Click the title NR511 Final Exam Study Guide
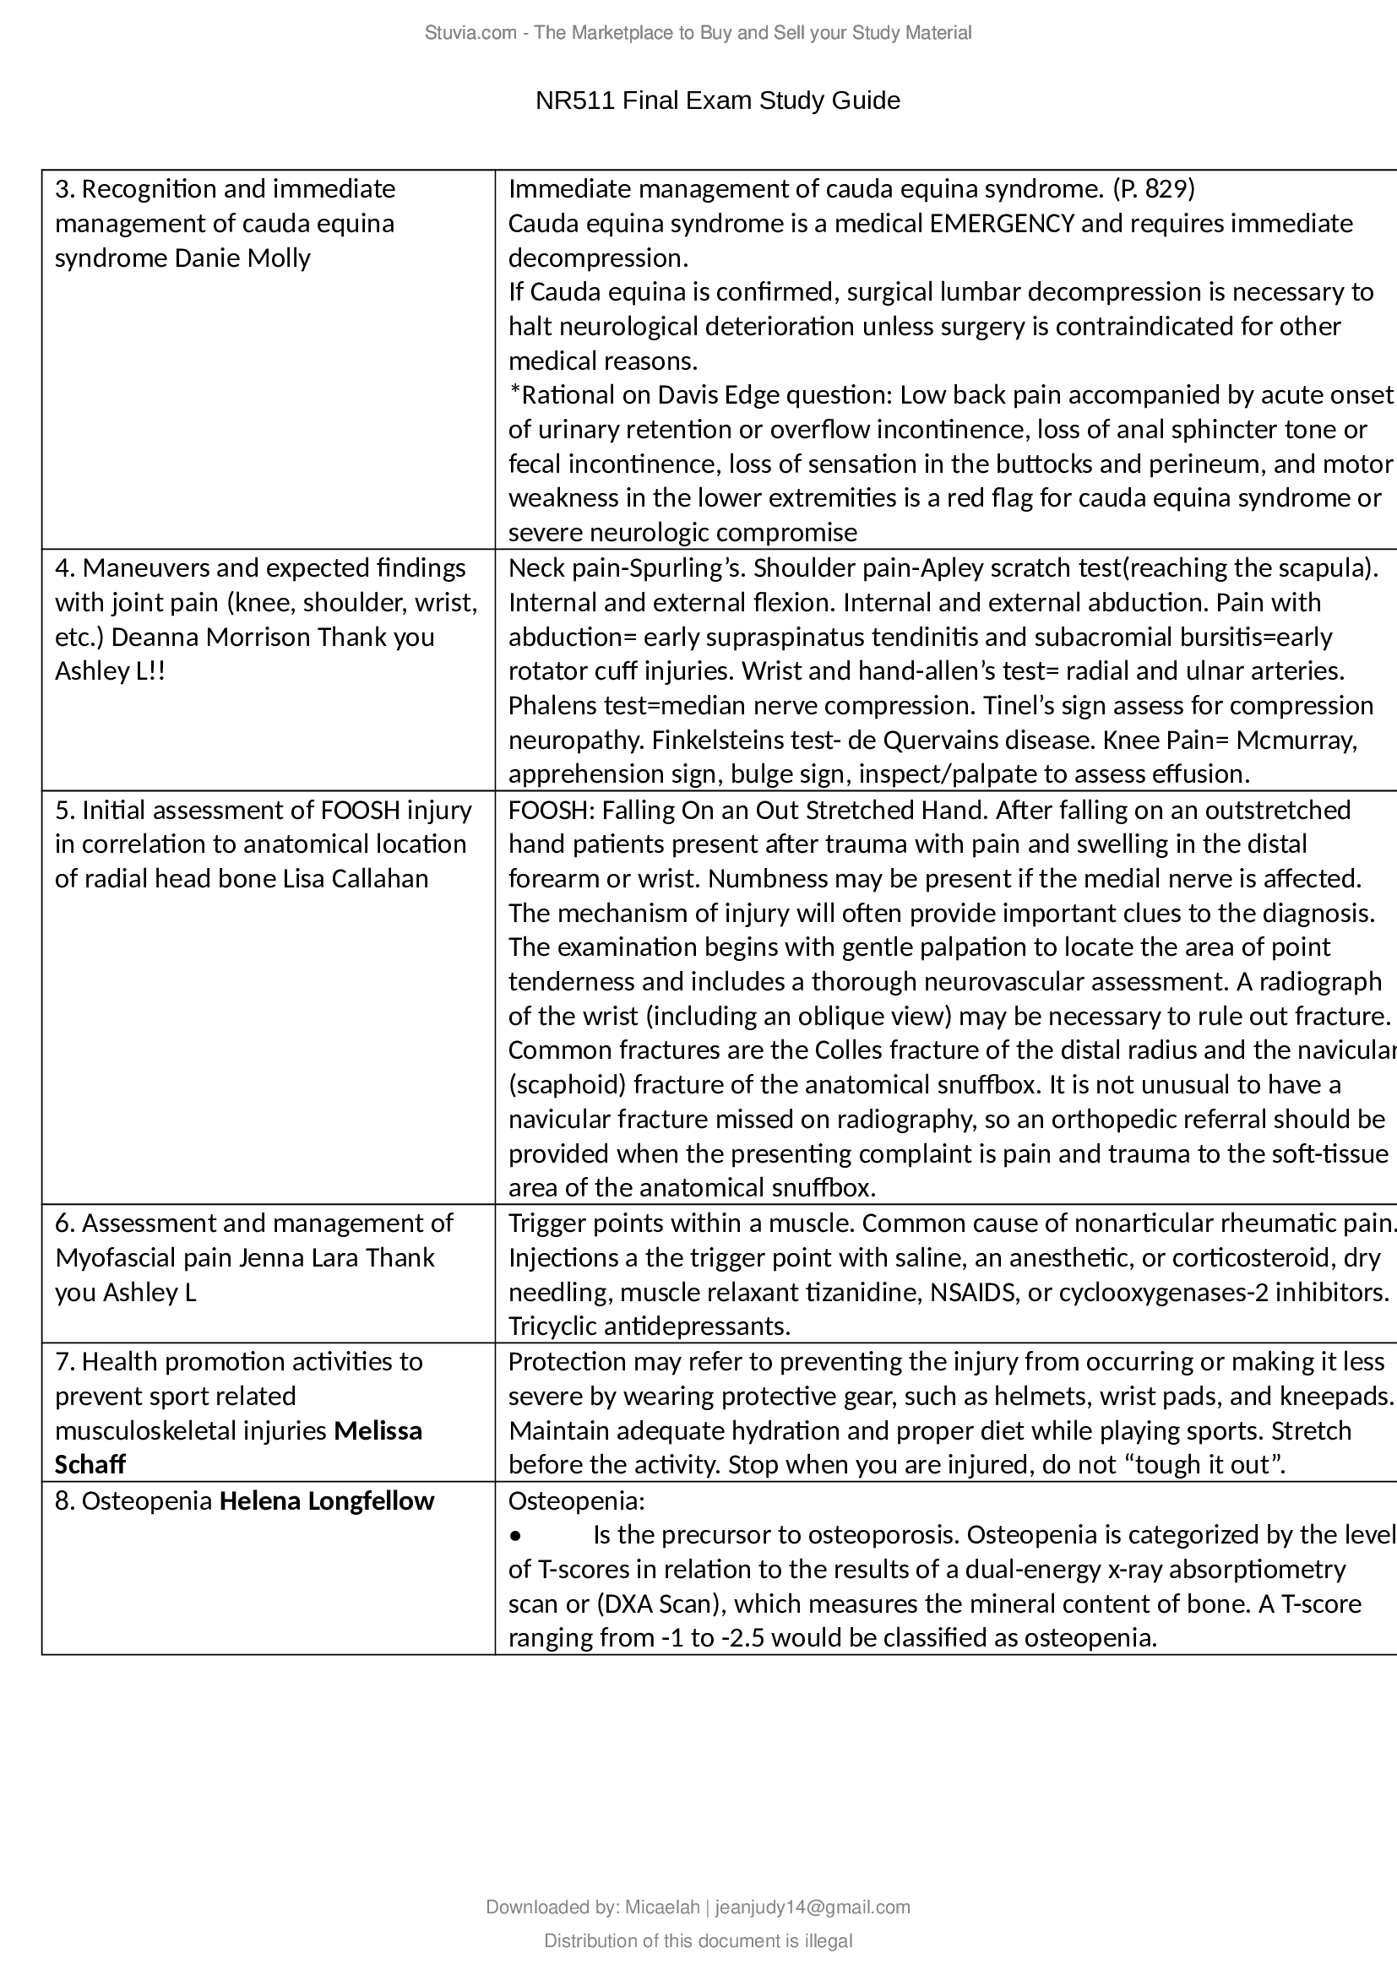(717, 100)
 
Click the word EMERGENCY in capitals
(1003, 224)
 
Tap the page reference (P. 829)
(1153, 188)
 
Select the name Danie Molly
(242, 258)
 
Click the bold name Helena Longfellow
(327, 1501)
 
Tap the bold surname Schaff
(90, 1464)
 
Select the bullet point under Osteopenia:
(516, 1535)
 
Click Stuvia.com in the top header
(469, 33)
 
